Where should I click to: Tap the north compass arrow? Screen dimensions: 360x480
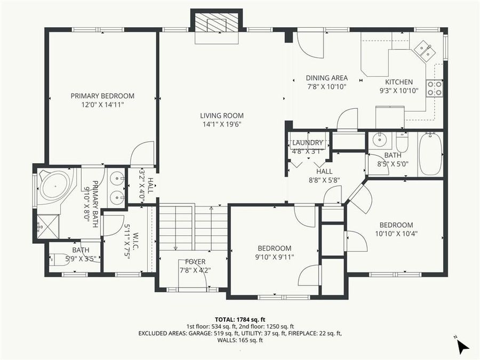click(x=462, y=347)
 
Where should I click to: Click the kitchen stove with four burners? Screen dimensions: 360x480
click(x=435, y=89)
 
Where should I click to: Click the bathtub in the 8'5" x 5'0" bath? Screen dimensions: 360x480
click(x=430, y=154)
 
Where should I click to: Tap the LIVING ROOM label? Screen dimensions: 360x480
click(x=222, y=115)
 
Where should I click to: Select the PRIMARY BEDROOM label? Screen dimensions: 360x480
click(x=102, y=96)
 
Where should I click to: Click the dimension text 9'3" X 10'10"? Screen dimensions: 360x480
click(x=399, y=91)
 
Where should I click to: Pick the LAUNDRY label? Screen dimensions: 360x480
click(x=308, y=143)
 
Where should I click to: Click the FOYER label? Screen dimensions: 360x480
click(x=195, y=262)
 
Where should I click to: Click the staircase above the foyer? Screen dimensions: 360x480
click(x=194, y=227)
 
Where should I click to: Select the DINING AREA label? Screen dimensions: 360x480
click(x=327, y=78)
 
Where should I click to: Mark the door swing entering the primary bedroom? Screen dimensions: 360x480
click(x=143, y=154)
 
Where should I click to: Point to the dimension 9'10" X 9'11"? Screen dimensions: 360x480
click(x=275, y=257)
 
